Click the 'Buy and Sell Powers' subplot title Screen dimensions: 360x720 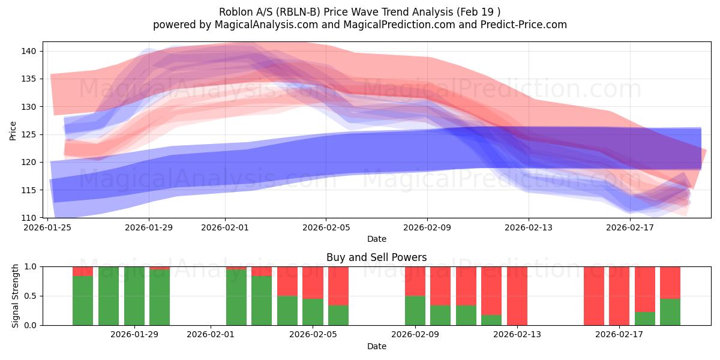coord(376,257)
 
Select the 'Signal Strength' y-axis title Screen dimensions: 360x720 coord(16,296)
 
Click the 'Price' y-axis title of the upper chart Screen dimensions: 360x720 coord(13,130)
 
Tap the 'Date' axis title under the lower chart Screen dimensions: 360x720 coord(376,346)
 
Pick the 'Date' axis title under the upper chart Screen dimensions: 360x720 coord(376,239)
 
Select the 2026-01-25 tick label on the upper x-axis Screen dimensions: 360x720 coord(47,227)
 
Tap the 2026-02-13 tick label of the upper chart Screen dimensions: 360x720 coord(529,227)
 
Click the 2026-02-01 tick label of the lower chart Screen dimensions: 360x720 coord(211,334)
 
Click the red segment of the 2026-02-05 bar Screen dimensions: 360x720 coord(313,282)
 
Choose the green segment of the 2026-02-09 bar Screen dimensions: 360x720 coord(415,310)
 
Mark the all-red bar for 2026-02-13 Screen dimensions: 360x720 coord(517,296)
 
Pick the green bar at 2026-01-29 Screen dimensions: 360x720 coord(134,296)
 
